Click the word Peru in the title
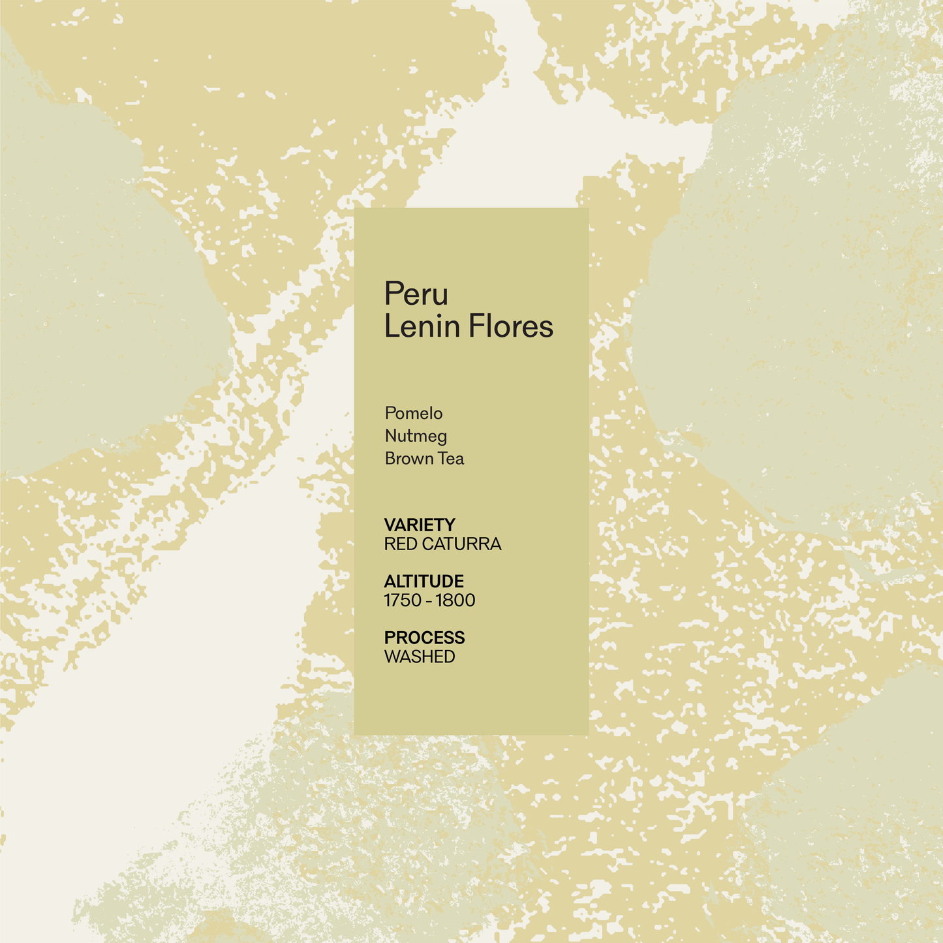pos(416,294)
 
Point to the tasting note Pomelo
pos(414,414)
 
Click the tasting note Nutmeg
pos(416,437)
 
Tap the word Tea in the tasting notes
pos(451,459)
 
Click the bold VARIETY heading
pos(420,525)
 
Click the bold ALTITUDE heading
pos(424,581)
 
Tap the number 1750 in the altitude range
pos(403,600)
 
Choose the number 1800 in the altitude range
pos(456,600)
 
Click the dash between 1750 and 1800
pos(429,601)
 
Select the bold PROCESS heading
pos(424,638)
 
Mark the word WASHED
pos(420,657)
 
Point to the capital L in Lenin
pos(390,326)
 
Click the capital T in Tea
pos(442,459)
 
